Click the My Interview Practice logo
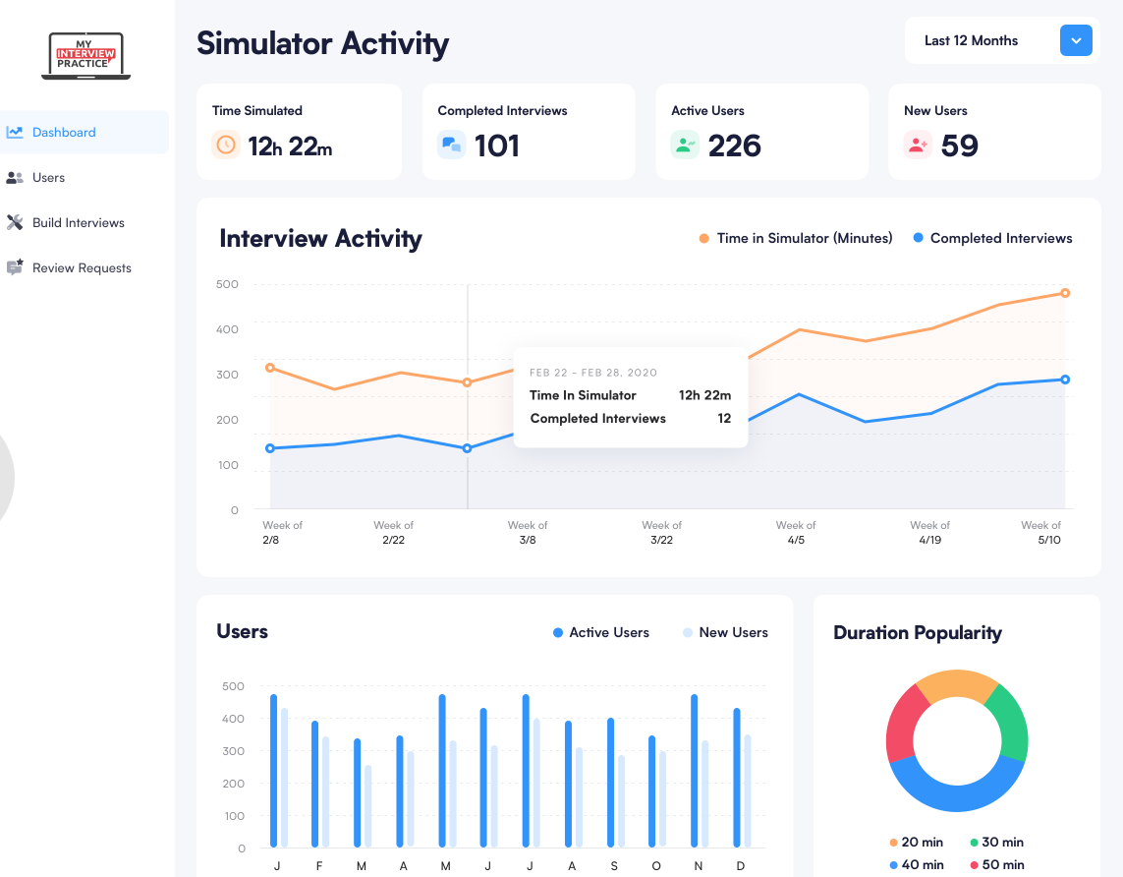pyautogui.click(x=86, y=56)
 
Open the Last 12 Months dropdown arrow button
pyautogui.click(x=1076, y=40)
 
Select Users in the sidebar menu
pyautogui.click(x=48, y=178)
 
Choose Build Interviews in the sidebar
pyautogui.click(x=78, y=223)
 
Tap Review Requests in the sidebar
pyautogui.click(x=81, y=268)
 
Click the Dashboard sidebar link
pyautogui.click(x=64, y=133)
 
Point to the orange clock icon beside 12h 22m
pyautogui.click(x=226, y=146)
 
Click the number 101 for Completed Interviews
pyautogui.click(x=497, y=146)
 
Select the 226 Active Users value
pyautogui.click(x=734, y=146)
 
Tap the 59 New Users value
pyautogui.click(x=959, y=146)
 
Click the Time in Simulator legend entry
pyautogui.click(x=796, y=238)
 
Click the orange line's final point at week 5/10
pyautogui.click(x=1065, y=293)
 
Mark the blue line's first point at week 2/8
pyautogui.click(x=270, y=448)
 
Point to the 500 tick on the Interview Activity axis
pyautogui.click(x=227, y=284)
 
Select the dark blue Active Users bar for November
pyautogui.click(x=695, y=770)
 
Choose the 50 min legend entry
pyautogui.click(x=995, y=865)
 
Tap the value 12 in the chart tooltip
pyautogui.click(x=724, y=419)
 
